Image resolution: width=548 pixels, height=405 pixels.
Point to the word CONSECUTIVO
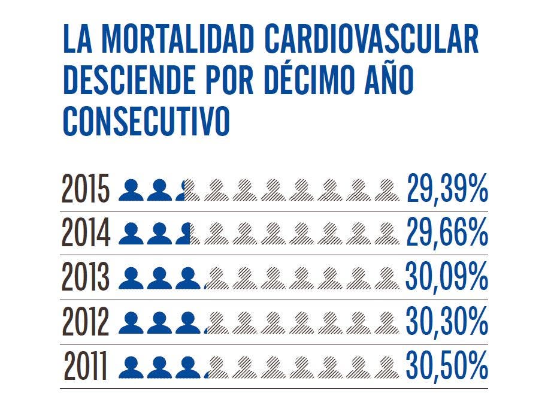coord(146,121)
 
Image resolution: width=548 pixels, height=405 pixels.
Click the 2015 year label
coord(86,189)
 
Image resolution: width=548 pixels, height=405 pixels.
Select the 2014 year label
coord(86,234)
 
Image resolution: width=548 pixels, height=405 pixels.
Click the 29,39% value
coord(447,189)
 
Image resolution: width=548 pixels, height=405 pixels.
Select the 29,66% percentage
coord(447,234)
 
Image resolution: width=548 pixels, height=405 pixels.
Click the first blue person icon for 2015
coord(131,191)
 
